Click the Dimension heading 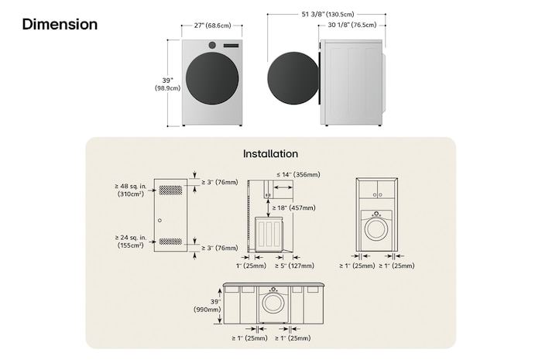tap(60, 25)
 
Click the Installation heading tap(270, 154)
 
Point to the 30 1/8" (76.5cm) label tap(352, 26)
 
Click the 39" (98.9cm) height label tap(167, 84)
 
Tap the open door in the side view tap(292, 80)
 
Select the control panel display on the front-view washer tap(230, 46)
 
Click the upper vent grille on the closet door tap(171, 189)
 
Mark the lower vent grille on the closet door tap(171, 241)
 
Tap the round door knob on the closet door tap(160, 221)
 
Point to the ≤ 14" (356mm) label tap(297, 176)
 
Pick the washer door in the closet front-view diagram tap(377, 229)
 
